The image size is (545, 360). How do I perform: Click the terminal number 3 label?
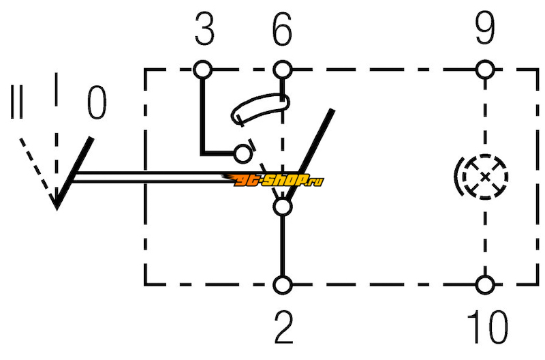click(x=204, y=29)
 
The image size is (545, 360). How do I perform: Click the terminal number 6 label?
click(x=282, y=29)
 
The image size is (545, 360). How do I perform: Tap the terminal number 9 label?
click(x=485, y=29)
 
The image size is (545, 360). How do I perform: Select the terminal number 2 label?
click(x=284, y=327)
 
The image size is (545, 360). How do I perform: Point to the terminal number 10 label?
click(x=487, y=327)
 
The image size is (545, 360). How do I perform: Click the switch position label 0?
click(x=96, y=102)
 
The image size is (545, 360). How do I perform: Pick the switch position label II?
click(x=16, y=102)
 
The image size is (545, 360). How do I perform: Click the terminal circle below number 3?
click(x=202, y=70)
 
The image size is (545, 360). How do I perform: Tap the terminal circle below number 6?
click(x=282, y=70)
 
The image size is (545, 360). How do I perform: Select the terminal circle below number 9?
click(x=485, y=70)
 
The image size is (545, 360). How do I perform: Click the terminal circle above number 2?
click(x=283, y=285)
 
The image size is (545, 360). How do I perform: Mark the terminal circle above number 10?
click(x=485, y=285)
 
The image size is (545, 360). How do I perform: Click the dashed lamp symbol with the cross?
click(x=486, y=177)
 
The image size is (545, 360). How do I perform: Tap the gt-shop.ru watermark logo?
click(x=273, y=180)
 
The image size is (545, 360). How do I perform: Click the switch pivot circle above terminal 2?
click(x=283, y=207)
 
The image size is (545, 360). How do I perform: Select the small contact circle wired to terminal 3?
click(x=243, y=153)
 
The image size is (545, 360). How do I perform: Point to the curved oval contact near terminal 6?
click(x=260, y=108)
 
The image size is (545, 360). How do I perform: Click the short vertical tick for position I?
click(x=56, y=89)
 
